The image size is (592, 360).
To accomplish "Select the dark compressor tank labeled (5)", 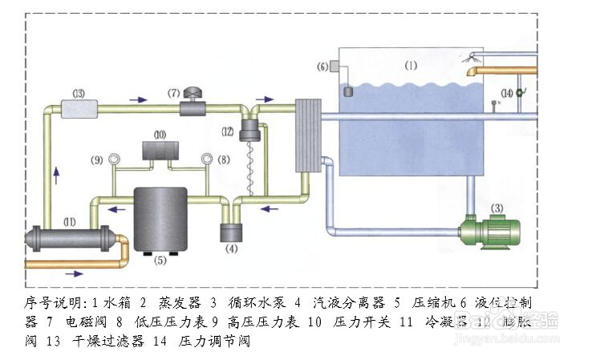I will pyautogui.click(x=160, y=218).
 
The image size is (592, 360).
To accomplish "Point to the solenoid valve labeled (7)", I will pyautogui.click(x=193, y=104).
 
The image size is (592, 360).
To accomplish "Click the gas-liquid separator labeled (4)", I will pyautogui.click(x=233, y=233).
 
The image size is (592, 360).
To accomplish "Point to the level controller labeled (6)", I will pyautogui.click(x=349, y=87).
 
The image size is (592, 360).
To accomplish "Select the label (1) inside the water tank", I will pyautogui.click(x=411, y=65).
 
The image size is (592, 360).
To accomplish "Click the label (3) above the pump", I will pyautogui.click(x=497, y=208).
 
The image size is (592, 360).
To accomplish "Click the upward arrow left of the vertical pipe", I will pyautogui.click(x=56, y=173).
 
